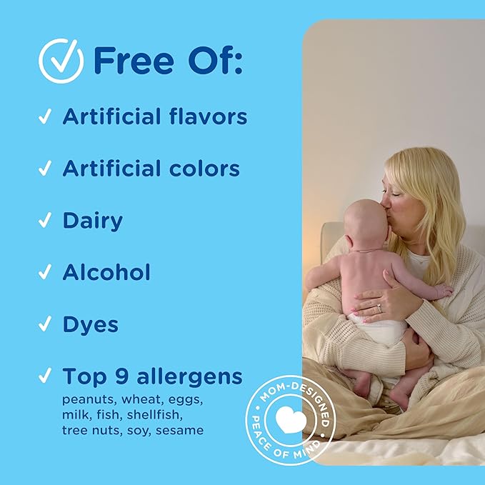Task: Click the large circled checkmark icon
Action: pyautogui.click(x=61, y=61)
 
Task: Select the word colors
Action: pyautogui.click(x=204, y=169)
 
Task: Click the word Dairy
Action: pyautogui.click(x=93, y=221)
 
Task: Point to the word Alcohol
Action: pyautogui.click(x=106, y=272)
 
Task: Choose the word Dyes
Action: pyautogui.click(x=90, y=325)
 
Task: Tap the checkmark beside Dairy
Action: pyautogui.click(x=45, y=220)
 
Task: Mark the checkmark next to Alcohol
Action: pyautogui.click(x=45, y=272)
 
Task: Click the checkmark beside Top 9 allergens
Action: pyautogui.click(x=45, y=376)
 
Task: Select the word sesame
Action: pyautogui.click(x=180, y=430)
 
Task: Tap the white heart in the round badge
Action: pyautogui.click(x=291, y=419)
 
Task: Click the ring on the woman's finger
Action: pyautogui.click(x=379, y=307)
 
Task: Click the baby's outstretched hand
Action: pyautogui.click(x=443, y=291)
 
